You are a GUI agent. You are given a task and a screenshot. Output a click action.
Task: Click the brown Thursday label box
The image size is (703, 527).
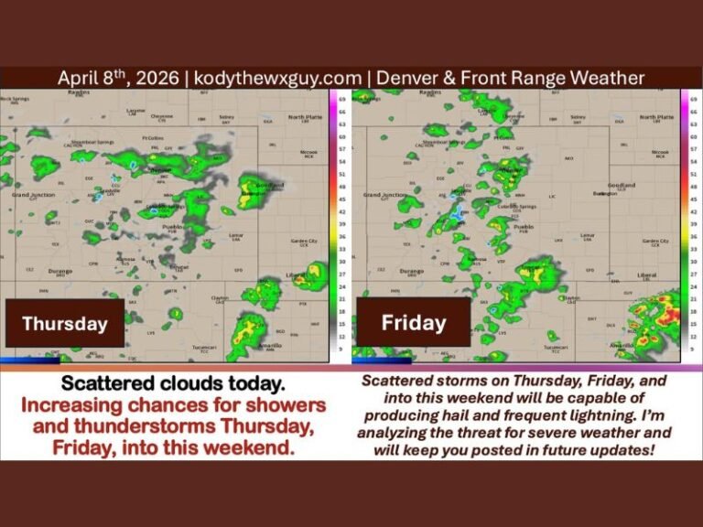click(x=64, y=323)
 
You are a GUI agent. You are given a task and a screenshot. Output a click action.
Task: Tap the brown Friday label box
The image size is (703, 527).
click(x=413, y=322)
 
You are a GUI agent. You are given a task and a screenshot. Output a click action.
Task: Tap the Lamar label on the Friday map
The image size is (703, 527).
click(x=587, y=235)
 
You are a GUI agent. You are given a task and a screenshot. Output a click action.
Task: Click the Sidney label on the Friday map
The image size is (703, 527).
click(x=578, y=116)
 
